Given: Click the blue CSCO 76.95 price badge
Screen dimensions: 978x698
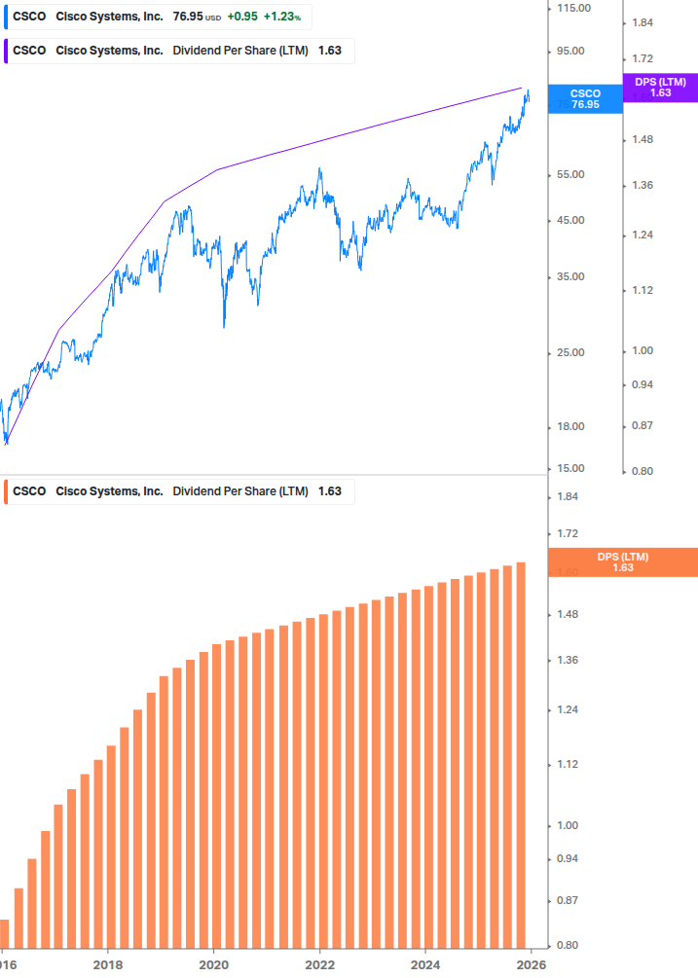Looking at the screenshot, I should click(585, 98).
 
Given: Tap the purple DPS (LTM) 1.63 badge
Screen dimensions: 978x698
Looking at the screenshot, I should click(660, 88).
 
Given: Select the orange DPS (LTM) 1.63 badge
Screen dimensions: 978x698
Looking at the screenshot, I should click(623, 562).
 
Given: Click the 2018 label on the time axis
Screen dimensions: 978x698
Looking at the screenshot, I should click(108, 964).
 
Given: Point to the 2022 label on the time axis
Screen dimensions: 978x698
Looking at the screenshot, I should click(319, 964).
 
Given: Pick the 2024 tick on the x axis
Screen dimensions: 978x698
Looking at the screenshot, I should click(425, 964).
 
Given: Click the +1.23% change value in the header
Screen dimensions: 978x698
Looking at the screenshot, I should click(282, 18).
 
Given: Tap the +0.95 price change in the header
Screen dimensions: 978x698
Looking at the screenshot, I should click(241, 18).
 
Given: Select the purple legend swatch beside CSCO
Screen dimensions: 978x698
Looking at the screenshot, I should click(7, 51).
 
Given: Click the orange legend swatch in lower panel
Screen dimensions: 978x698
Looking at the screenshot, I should click(7, 491).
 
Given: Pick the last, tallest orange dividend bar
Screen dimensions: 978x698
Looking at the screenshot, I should click(521, 754).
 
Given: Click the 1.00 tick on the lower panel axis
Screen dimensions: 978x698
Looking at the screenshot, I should click(567, 826).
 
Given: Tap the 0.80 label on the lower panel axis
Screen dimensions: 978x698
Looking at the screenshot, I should click(567, 946).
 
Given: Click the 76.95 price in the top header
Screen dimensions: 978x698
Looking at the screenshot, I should click(186, 18).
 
